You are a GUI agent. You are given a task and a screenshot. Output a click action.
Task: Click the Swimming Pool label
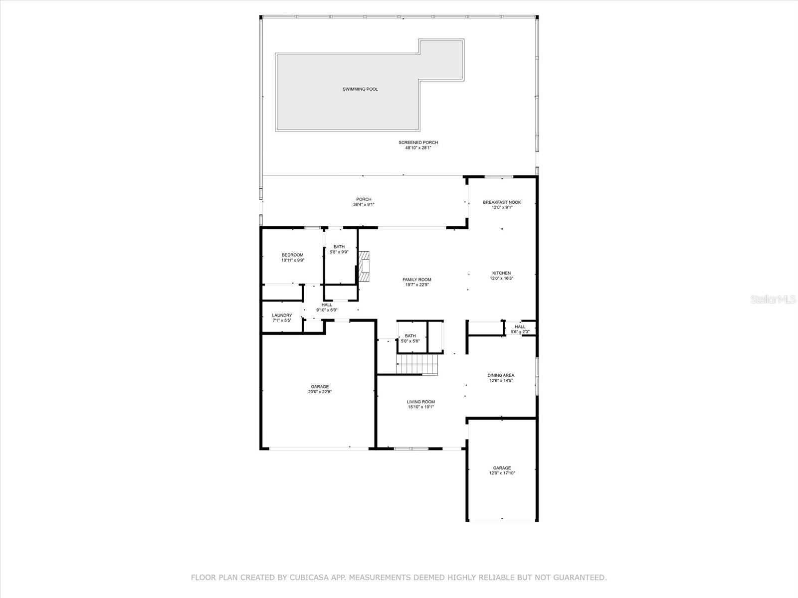pyautogui.click(x=360, y=89)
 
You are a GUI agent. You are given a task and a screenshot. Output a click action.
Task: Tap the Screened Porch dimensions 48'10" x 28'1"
pyautogui.click(x=418, y=148)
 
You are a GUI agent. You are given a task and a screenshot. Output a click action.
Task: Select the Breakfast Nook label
pyautogui.click(x=502, y=202)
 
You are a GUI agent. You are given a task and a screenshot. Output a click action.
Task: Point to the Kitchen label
pyautogui.click(x=501, y=273)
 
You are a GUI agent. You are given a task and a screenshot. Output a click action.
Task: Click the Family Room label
pyautogui.click(x=417, y=280)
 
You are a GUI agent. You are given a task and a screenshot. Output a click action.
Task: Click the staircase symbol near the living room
pyautogui.click(x=417, y=364)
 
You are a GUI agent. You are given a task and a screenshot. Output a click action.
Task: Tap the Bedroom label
pyautogui.click(x=292, y=255)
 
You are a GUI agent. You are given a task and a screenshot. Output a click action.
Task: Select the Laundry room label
pyautogui.click(x=282, y=315)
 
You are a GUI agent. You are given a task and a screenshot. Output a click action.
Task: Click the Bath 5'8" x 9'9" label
pyautogui.click(x=339, y=247)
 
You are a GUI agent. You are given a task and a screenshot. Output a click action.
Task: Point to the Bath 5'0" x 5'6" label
pyautogui.click(x=410, y=336)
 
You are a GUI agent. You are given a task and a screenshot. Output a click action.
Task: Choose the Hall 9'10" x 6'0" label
pyautogui.click(x=327, y=305)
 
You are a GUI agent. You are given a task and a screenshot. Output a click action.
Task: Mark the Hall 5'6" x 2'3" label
pyautogui.click(x=520, y=327)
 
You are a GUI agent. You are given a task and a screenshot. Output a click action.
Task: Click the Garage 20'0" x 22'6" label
pyautogui.click(x=320, y=387)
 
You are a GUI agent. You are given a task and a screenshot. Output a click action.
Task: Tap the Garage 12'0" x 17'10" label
pyautogui.click(x=502, y=468)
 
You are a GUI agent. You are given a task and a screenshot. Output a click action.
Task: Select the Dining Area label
pyautogui.click(x=501, y=375)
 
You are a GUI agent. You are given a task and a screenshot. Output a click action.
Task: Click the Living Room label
pyautogui.click(x=421, y=402)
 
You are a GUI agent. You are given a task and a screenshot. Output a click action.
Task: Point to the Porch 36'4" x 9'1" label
pyautogui.click(x=364, y=199)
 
